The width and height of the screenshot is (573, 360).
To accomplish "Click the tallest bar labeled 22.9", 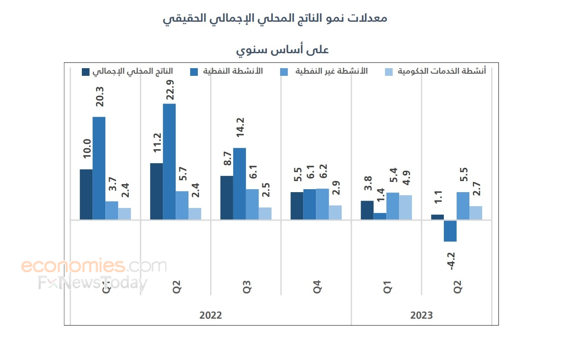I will click(x=169, y=162).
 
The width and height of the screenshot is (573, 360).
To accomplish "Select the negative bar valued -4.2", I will click(x=450, y=231).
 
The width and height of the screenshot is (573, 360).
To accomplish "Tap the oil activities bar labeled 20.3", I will click(x=99, y=168).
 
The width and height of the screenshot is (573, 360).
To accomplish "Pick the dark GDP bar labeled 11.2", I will click(x=156, y=191).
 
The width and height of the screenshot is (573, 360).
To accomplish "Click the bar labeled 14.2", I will click(x=240, y=184).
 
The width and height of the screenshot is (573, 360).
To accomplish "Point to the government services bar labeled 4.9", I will click(x=405, y=207).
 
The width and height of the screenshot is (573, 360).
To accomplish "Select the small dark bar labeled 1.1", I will click(x=437, y=217).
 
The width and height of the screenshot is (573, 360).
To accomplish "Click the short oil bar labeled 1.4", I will click(x=380, y=216).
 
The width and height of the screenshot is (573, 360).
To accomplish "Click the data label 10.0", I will click(x=87, y=149).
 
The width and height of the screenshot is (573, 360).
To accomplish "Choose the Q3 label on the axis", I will click(x=247, y=288).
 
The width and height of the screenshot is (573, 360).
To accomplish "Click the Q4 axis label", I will click(x=317, y=288).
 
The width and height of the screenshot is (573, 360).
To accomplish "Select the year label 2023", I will click(x=421, y=316).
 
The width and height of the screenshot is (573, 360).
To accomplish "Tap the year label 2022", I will click(x=211, y=316).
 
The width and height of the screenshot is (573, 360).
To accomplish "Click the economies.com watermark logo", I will click(x=94, y=266).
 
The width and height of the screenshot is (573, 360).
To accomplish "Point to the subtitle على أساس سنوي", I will click(x=283, y=50).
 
